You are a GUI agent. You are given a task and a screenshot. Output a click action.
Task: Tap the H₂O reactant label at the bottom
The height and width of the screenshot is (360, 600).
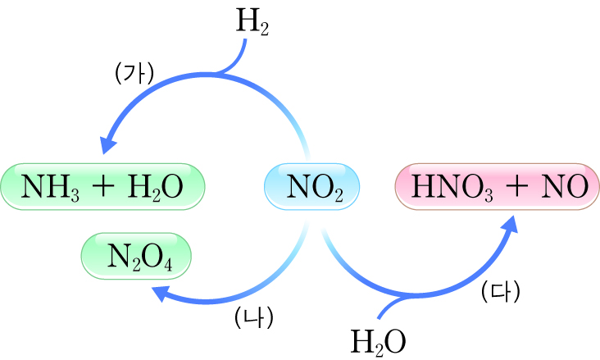point(378,339)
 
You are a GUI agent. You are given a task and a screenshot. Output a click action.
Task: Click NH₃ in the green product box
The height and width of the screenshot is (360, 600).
point(54,187)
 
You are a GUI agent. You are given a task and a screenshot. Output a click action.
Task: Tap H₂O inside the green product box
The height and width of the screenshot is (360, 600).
point(156,187)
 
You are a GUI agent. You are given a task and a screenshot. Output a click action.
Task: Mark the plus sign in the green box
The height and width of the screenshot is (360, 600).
point(103,187)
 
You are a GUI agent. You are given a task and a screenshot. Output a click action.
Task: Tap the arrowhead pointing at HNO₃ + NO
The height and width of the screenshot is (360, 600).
point(511,224)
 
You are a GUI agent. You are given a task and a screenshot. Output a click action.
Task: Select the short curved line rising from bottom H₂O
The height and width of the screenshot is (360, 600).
point(386,307)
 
